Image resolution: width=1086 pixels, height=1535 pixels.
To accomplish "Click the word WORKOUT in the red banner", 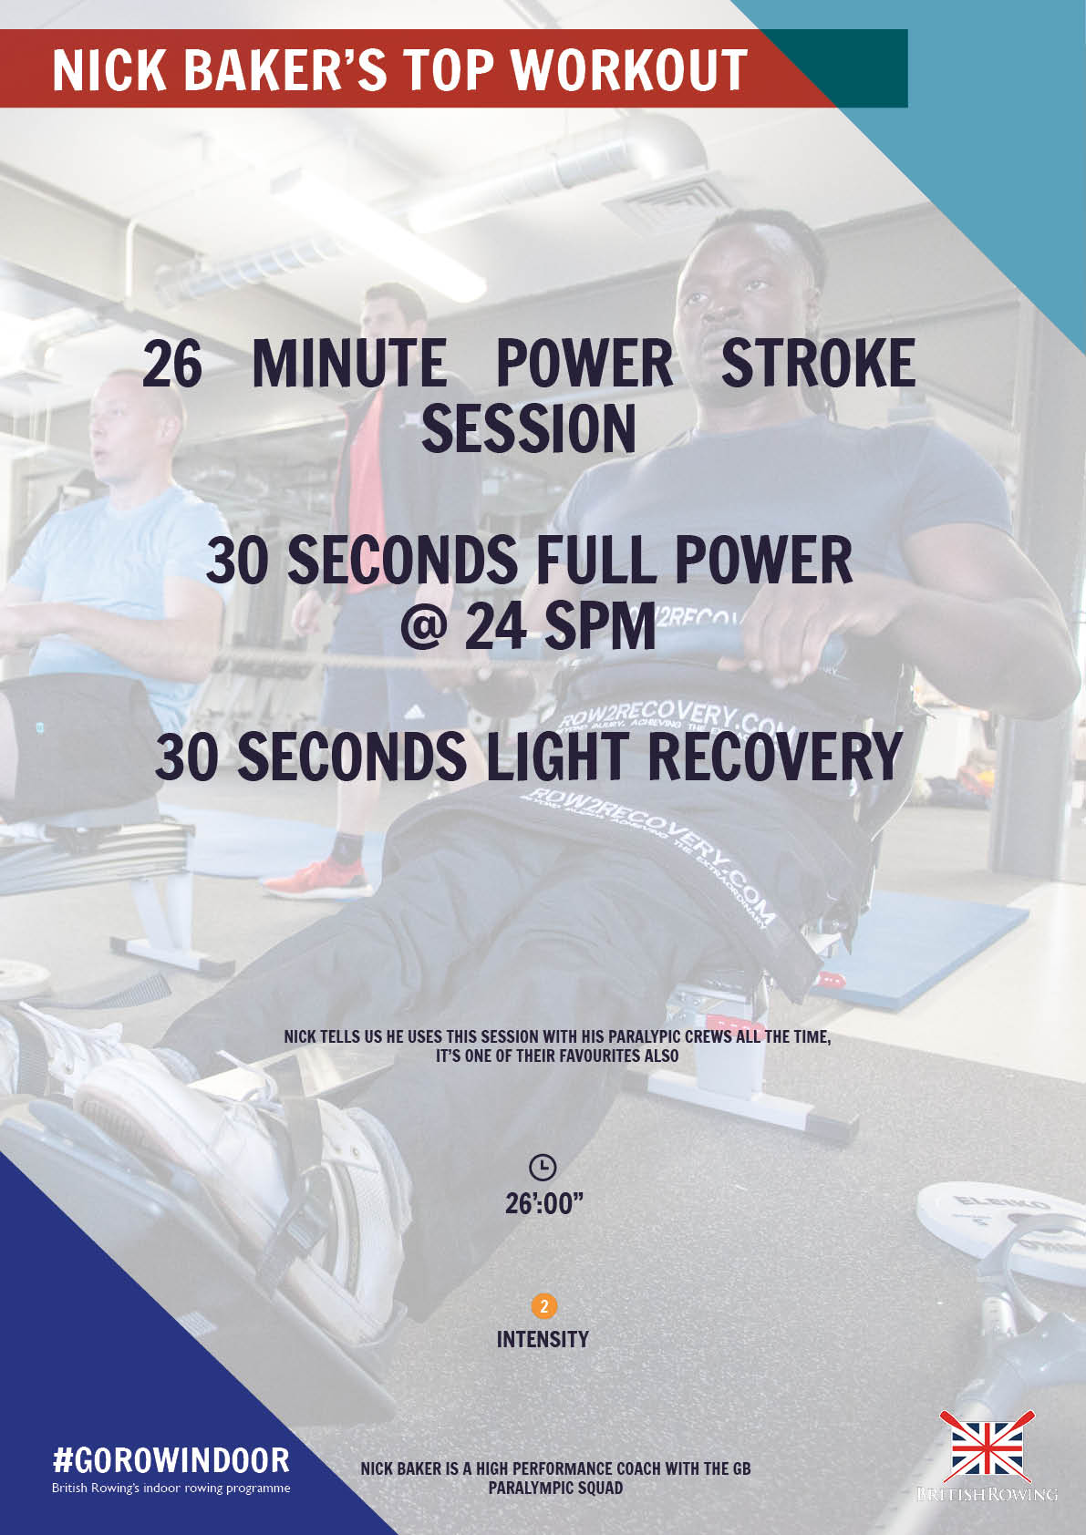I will (629, 70).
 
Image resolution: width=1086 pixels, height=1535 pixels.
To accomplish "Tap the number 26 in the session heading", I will (172, 364).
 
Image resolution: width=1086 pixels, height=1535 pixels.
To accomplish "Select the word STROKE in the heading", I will (817, 364).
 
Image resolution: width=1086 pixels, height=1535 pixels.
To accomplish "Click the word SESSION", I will (528, 428).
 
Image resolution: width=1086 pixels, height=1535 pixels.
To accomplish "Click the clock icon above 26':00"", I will (543, 1166).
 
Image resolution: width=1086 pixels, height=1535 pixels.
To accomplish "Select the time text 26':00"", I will (543, 1203).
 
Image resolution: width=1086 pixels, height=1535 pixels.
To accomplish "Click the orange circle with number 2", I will (543, 1306).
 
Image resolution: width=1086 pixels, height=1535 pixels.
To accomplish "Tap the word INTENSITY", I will (543, 1339).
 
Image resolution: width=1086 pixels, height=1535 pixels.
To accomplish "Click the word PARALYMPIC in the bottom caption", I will (533, 1488).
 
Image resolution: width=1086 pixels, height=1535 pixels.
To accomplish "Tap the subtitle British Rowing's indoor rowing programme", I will (171, 1488).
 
